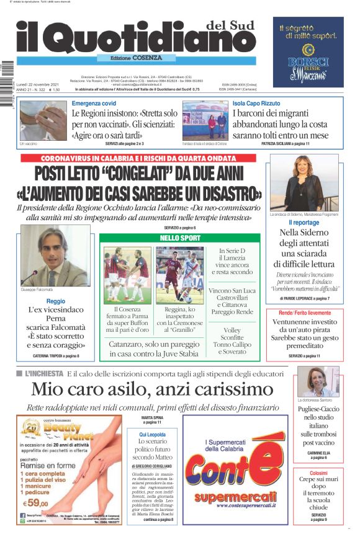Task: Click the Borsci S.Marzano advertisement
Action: point(308,52)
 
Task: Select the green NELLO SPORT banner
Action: point(180,238)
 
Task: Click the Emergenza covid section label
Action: point(94,104)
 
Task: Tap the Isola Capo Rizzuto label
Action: point(256,104)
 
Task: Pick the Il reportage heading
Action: point(303,222)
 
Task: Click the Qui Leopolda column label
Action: point(152,435)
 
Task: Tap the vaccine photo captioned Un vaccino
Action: point(42,121)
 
